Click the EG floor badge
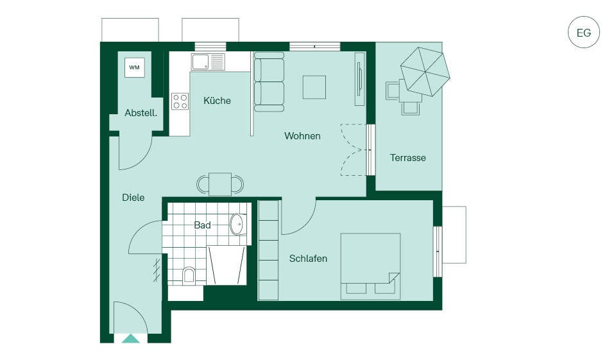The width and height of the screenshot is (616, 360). tap(584, 32)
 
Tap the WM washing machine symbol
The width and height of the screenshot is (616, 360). tap(134, 67)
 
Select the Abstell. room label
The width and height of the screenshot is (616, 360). tap(141, 113)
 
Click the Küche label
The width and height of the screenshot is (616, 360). tap(217, 101)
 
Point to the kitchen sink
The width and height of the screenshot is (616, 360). tap(208, 62)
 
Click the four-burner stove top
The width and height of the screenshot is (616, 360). tap(180, 101)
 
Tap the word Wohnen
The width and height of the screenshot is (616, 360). tap(302, 136)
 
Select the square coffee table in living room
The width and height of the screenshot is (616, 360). tap(314, 87)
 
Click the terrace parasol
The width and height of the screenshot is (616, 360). tap(425, 71)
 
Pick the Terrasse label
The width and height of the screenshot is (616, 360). tap(408, 158)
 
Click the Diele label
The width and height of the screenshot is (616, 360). tap(133, 198)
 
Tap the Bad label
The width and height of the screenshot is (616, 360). tap(202, 225)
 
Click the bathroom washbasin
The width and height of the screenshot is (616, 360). tap(238, 225)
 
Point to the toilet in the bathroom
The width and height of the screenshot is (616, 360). tap(189, 275)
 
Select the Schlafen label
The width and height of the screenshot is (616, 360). tap(308, 259)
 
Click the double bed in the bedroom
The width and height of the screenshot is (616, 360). tap(370, 266)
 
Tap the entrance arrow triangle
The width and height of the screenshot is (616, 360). tap(130, 339)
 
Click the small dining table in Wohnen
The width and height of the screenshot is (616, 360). tap(220, 184)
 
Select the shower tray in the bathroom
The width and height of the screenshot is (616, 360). tap(227, 265)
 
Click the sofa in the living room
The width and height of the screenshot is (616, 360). tap(269, 82)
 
